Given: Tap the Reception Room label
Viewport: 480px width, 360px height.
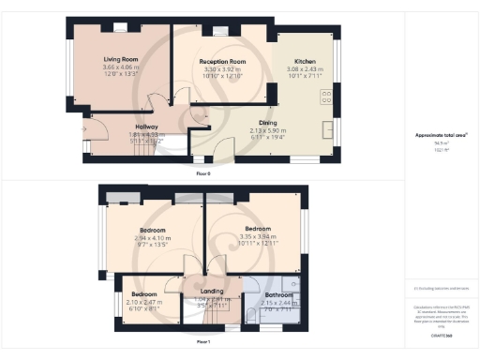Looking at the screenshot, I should [x=223, y=61].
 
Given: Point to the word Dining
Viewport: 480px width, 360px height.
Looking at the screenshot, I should [x=268, y=123].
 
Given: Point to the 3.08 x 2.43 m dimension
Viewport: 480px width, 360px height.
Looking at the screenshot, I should [x=306, y=67].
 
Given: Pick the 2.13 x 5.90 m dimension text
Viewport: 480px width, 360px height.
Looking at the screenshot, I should [x=268, y=130].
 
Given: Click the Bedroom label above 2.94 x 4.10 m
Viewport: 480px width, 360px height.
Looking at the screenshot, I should [x=152, y=230].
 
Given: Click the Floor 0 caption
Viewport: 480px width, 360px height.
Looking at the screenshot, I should [x=203, y=173].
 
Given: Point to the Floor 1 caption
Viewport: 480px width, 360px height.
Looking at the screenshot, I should [x=203, y=342].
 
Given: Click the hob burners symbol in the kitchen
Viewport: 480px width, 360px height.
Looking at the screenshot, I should [x=328, y=95].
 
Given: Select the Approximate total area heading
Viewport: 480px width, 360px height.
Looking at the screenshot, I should [x=442, y=135].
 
